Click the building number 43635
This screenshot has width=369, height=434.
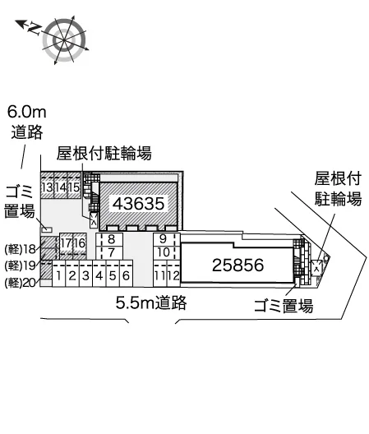pos(138,204)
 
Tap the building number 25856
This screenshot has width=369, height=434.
pos(238,265)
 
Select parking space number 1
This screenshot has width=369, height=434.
pos(58,275)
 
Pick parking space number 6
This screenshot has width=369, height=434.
pos(126,275)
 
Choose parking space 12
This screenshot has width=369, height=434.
pos(173,275)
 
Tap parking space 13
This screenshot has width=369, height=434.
pos(48,187)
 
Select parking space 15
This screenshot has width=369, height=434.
pos(74,187)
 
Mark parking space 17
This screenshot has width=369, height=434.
pos(67,243)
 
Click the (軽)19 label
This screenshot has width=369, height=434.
pos(21,265)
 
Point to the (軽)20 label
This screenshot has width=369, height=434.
pos(21,283)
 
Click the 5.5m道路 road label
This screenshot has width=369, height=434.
pos(151,302)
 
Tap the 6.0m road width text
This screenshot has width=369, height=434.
pos(26,112)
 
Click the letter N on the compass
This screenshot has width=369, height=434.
pos(35,29)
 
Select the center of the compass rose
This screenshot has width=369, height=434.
pos(64,40)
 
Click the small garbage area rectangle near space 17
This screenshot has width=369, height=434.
pos(47,229)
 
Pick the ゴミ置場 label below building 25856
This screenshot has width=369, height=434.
pos(284,306)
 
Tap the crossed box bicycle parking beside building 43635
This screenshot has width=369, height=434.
pos(94,220)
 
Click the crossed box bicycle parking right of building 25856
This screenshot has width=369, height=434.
pos(316,268)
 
